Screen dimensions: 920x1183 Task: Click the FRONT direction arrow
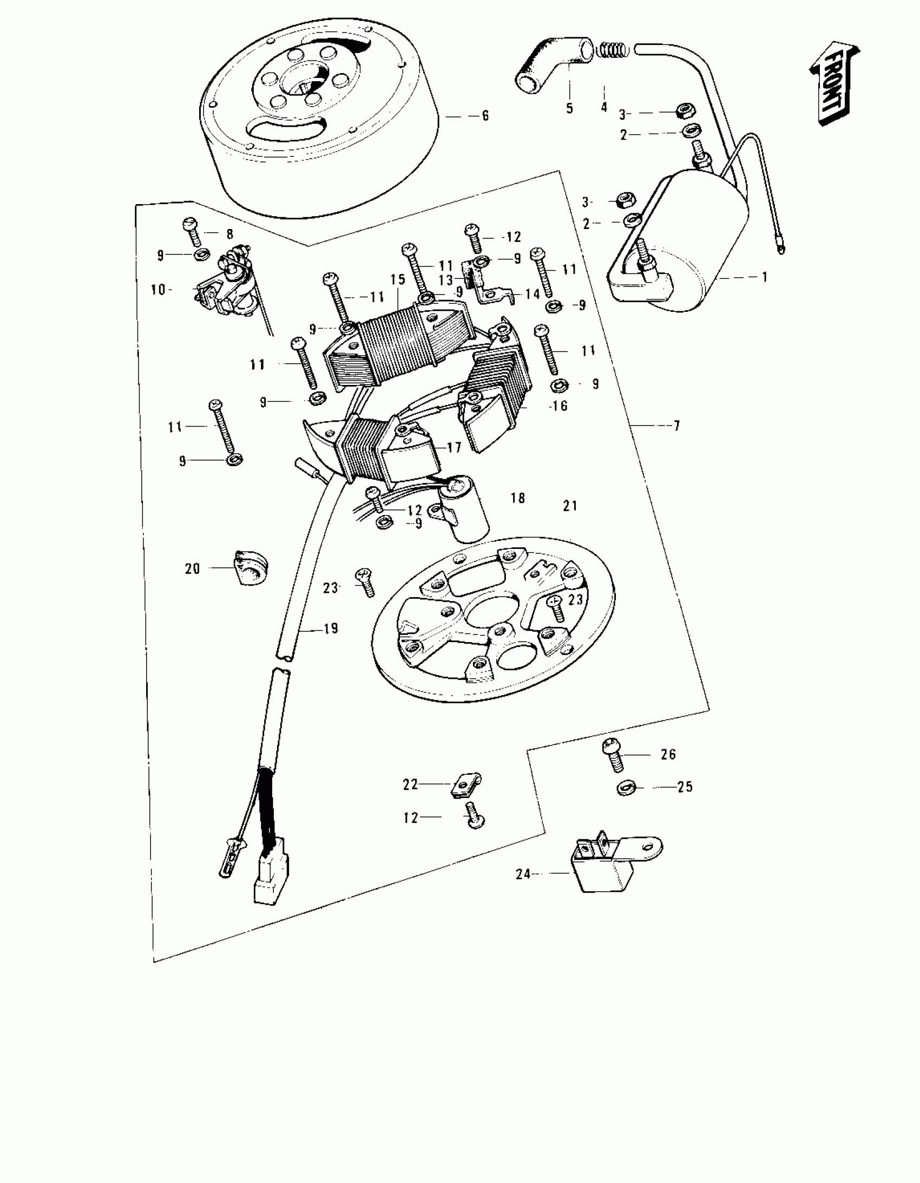point(834,82)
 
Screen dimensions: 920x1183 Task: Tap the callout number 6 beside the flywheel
point(485,115)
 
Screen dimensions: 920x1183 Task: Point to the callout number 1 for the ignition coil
point(764,277)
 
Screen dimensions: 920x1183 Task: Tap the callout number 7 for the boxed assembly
point(676,426)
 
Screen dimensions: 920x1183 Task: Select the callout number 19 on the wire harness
point(330,629)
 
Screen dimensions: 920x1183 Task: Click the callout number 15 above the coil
point(397,279)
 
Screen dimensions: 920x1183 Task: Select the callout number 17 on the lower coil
point(454,447)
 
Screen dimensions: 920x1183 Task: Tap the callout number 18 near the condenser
point(518,498)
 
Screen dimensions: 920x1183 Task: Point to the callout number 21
point(570,506)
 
